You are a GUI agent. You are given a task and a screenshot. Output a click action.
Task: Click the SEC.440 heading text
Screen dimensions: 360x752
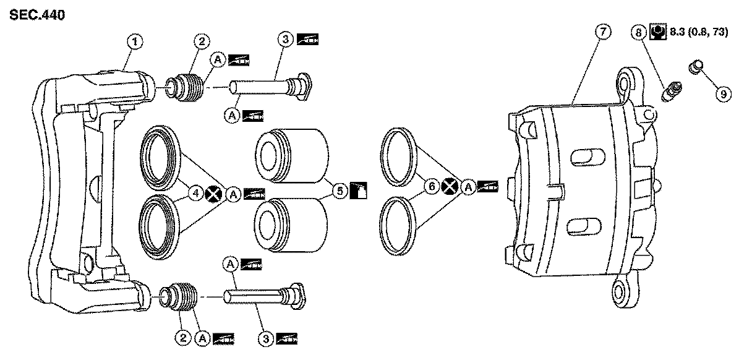point(36,15)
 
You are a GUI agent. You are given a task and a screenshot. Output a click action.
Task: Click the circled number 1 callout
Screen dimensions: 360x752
point(135,42)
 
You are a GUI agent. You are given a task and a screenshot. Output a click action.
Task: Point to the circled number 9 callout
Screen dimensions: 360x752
point(722,93)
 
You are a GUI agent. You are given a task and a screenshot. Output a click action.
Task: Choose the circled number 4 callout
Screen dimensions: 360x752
point(195,194)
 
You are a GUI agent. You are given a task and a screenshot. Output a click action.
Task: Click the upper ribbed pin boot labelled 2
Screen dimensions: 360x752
point(185,87)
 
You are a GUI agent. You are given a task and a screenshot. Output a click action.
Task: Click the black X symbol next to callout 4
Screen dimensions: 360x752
point(214,194)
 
